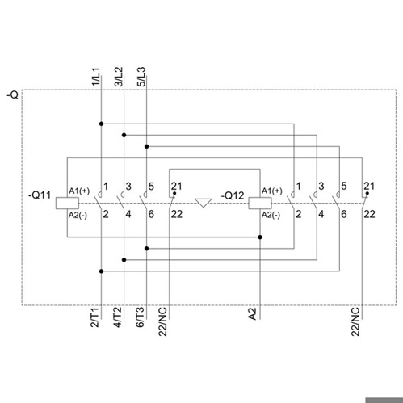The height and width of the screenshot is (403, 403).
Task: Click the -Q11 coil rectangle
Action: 67,203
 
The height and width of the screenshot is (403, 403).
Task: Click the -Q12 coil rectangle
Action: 260,203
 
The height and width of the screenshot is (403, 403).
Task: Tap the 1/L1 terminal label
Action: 96,77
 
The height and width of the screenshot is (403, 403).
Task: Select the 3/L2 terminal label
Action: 119,77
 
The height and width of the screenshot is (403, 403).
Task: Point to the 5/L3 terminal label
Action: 141,77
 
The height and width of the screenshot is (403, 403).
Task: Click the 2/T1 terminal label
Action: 94,317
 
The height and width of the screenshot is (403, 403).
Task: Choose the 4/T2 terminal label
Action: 117,317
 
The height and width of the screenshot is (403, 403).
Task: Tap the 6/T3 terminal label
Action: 140,317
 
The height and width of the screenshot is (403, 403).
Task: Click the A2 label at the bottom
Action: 252,314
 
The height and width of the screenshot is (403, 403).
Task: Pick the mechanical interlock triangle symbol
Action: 204,203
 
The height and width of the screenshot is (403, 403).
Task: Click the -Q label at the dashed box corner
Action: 13,94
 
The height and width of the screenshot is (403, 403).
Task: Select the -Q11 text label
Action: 40,195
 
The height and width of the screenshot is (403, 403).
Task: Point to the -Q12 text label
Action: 233,195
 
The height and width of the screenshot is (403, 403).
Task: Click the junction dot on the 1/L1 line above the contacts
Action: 101,124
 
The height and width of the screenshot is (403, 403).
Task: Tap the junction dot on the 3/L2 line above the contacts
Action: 124,135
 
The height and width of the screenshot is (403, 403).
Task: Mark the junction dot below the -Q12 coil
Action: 260,237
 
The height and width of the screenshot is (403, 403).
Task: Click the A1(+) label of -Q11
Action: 79,191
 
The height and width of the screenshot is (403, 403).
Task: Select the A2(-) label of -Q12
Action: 271,215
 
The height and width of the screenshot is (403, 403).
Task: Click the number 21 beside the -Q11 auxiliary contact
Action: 177,186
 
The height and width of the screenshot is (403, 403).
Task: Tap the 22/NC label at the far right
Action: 355,321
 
